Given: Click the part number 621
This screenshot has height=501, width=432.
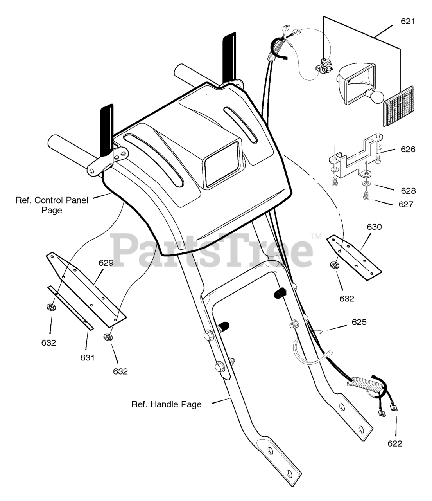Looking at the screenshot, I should pos(407,22).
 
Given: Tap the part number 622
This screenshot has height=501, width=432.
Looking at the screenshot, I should pos(395,443).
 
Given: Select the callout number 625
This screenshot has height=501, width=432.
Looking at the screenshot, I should pos(359,322).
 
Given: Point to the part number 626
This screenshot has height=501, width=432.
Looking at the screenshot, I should pos(407,150).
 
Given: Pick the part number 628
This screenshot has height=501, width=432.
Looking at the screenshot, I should pos(408,191).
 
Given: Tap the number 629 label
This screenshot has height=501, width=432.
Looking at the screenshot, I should pos(106,263).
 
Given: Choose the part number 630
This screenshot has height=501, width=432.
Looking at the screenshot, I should pos(374,227).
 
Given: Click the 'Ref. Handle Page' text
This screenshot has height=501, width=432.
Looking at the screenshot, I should pos(167,404).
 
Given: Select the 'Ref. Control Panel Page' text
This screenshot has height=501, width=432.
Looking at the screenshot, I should pos(52,205).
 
